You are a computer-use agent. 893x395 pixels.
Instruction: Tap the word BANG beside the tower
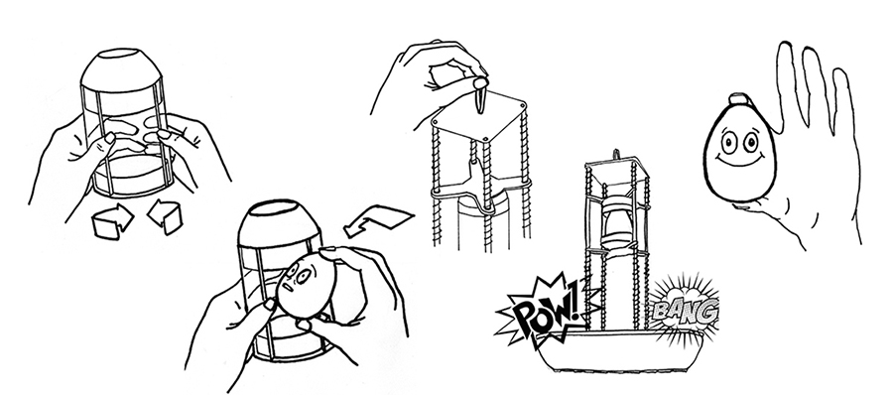[685, 310]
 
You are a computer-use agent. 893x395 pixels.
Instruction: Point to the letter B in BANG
[660, 312]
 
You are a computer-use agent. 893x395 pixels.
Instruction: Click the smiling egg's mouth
[740, 160]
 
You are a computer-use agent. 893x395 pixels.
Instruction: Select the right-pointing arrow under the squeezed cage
[112, 221]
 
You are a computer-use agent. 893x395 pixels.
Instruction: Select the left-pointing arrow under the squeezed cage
[165, 216]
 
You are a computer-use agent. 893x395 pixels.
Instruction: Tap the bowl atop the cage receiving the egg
[280, 221]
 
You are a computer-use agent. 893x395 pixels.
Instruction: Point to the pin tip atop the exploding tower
[614, 154]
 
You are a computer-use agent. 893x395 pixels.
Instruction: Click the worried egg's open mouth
[289, 286]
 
